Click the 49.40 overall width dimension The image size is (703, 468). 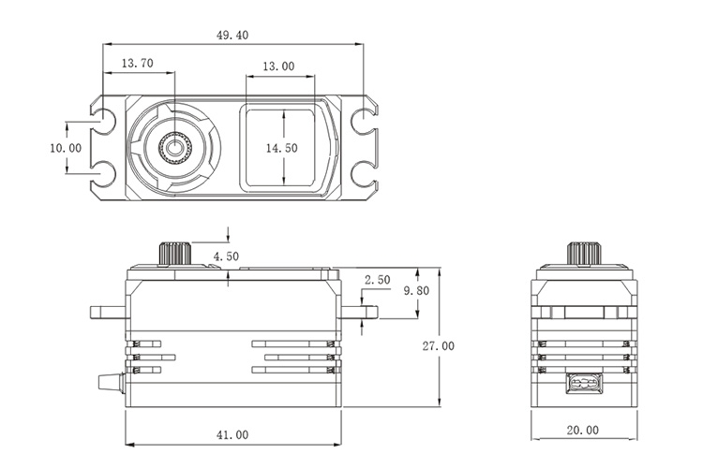pos(232,35)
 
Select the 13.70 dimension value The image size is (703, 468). pos(137,64)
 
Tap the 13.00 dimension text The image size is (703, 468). pos(278,66)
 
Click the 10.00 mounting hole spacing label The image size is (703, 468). pos(66,148)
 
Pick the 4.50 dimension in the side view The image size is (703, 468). pos(226,256)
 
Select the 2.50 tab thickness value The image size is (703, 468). pos(377,280)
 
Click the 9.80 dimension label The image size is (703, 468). pos(416,291)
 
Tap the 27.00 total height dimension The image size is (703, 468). pos(438,345)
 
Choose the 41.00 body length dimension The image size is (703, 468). pos(232,435)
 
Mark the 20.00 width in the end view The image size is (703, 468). pos(581,430)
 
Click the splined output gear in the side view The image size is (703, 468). pos(175,254)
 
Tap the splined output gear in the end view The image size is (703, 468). pos(582,254)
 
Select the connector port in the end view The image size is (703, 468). pos(582,385)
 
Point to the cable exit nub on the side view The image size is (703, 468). pos(113,382)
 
